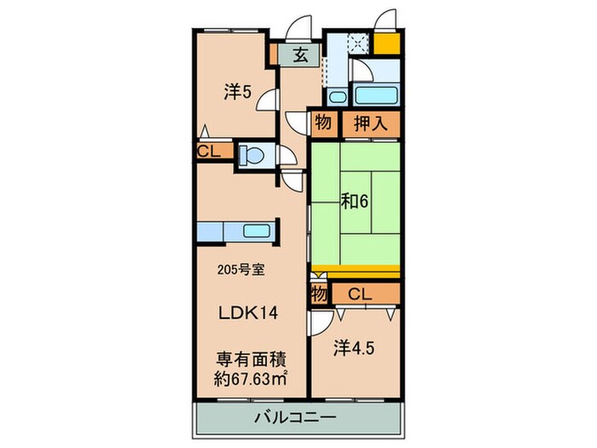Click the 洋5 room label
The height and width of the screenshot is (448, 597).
[237, 93]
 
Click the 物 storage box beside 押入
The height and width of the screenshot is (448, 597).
[322, 123]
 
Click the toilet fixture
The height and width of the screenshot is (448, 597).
[252, 155]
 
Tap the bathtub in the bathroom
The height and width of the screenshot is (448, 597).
[376, 95]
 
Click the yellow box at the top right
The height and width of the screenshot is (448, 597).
[388, 43]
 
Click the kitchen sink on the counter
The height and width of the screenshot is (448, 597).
[256, 230]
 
